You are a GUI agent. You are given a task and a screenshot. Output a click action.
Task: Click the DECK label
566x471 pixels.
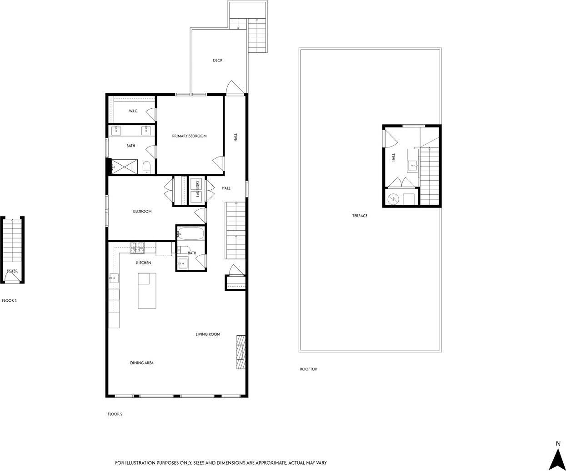click(x=217, y=61)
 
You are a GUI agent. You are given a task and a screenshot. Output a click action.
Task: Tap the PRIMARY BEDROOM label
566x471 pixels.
click(x=189, y=136)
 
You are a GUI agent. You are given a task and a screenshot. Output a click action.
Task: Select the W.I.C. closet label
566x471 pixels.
click(x=133, y=111)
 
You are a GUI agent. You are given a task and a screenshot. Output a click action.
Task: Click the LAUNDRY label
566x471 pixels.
click(x=198, y=188)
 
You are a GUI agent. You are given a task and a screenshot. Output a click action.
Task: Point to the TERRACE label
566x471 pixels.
click(x=360, y=216)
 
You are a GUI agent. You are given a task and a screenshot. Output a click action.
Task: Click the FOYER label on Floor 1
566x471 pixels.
click(x=12, y=271)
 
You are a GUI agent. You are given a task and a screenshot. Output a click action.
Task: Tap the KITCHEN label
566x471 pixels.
click(x=144, y=263)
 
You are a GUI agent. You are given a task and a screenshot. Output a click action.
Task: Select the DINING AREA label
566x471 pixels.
click(x=142, y=363)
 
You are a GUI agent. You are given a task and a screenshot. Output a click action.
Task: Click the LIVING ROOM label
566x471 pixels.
click(x=208, y=334)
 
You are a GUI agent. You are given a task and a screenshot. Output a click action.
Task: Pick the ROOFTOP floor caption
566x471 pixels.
click(x=308, y=369)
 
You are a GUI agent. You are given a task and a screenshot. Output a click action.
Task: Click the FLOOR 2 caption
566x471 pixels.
click(x=115, y=414)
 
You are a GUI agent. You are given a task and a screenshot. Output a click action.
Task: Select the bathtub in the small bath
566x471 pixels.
click(x=190, y=234)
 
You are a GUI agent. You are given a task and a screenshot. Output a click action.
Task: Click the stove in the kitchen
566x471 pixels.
click(x=137, y=248)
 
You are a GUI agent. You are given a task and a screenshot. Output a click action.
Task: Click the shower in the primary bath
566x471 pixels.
click(x=124, y=167)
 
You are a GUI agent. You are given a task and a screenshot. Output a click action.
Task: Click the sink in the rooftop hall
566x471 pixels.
click(x=413, y=165)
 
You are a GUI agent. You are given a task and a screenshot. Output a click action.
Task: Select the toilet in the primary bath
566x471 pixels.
click(x=147, y=167)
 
